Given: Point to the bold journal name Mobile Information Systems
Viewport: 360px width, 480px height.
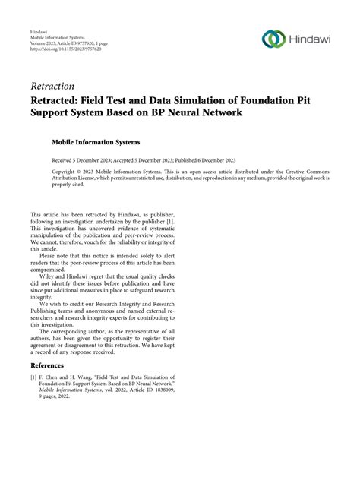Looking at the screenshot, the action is click(x=96, y=141).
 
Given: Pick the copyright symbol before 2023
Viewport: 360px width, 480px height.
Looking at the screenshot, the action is click(x=86, y=172).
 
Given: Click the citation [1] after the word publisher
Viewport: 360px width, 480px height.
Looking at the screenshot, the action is click(x=174, y=223).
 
